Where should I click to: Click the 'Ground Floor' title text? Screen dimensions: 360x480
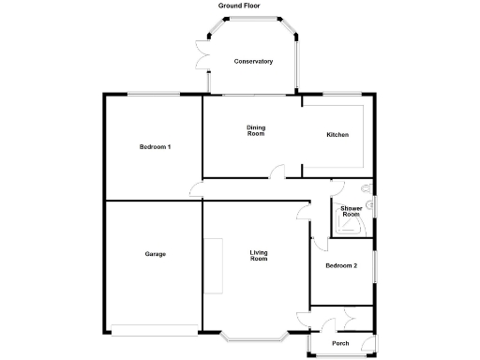tap(239, 6)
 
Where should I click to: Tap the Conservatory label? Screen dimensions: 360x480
tap(253, 62)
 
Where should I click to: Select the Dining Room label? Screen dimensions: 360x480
tap(256, 131)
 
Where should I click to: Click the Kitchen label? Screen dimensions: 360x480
tap(337, 135)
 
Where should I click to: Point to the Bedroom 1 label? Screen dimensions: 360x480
tap(155, 147)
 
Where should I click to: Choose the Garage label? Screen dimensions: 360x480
tap(156, 254)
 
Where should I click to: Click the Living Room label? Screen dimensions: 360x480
tap(259, 254)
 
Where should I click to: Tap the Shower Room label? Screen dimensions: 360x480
tap(351, 211)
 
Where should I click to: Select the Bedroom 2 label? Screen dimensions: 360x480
tap(341, 266)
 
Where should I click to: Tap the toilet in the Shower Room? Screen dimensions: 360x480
tap(370, 203)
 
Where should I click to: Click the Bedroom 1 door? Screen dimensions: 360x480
tap(195, 191)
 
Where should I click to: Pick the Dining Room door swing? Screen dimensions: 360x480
tap(276, 171)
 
